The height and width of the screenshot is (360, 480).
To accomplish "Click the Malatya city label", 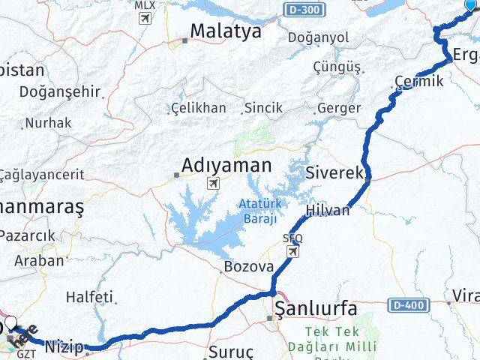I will click(225, 31).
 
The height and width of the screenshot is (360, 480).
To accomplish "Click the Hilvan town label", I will click(328, 211).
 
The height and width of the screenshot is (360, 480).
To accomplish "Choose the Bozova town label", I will click(243, 266).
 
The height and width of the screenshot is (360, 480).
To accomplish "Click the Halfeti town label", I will click(89, 297).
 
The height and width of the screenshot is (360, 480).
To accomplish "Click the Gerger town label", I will click(339, 108).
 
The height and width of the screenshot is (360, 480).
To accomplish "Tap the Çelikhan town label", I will click(198, 108).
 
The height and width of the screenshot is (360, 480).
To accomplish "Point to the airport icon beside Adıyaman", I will click(214, 184).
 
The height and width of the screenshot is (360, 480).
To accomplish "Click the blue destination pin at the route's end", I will click(470, 6).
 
